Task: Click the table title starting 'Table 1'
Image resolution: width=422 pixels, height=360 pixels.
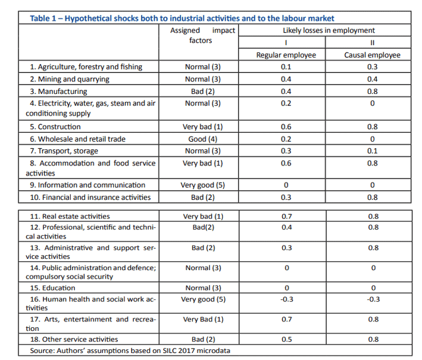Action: point(182,18)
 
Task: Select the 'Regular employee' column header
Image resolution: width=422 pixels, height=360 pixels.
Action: point(286,55)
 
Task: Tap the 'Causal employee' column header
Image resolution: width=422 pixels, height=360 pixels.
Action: point(372,55)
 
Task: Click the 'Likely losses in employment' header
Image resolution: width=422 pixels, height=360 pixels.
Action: point(329,30)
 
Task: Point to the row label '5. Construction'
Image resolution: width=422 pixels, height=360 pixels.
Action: point(55,127)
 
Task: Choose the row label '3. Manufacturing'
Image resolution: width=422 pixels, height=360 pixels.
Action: point(58,92)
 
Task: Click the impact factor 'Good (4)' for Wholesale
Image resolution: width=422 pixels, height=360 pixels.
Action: point(202,139)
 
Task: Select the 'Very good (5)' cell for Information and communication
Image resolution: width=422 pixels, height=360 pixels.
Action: point(202,185)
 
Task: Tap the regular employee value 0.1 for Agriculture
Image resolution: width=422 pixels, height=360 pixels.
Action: point(286,67)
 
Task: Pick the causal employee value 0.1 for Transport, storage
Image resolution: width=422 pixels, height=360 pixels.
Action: point(372,151)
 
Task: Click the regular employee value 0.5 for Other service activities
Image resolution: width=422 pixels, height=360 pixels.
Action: point(287,339)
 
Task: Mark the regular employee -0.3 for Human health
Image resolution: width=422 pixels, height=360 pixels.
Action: point(287,299)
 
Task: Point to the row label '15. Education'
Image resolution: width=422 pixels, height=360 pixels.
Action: point(52,288)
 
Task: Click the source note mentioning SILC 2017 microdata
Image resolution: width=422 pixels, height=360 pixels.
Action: point(130,350)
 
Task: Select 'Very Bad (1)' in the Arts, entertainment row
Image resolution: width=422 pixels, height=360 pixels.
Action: point(203,320)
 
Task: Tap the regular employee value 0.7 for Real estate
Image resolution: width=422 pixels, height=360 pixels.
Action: point(287,217)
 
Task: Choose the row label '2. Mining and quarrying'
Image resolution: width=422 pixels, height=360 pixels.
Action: point(70,79)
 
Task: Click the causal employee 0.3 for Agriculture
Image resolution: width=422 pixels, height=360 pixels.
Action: point(372,67)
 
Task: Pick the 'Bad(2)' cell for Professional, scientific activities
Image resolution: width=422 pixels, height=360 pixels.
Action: point(203,227)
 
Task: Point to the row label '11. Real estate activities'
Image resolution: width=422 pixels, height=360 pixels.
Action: point(70,217)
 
